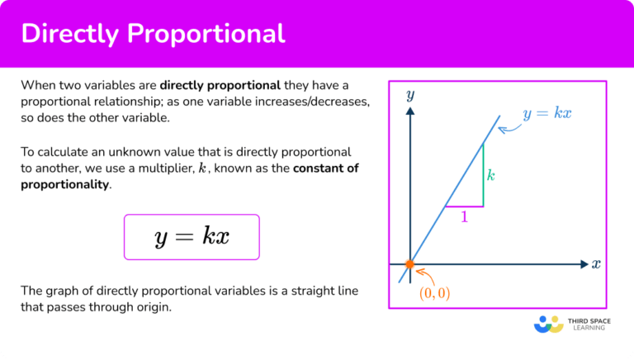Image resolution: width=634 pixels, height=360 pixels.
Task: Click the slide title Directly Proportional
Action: tap(153, 34)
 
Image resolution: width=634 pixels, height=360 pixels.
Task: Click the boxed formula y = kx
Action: tap(192, 237)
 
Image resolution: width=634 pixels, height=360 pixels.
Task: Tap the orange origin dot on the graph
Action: tap(410, 265)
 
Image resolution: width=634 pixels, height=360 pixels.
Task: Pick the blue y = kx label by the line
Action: tap(546, 114)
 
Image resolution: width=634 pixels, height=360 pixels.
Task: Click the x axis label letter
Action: tap(596, 265)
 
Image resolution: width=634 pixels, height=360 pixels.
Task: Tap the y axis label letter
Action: tap(410, 95)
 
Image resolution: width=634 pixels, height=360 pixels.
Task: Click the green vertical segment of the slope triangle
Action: tap(483, 174)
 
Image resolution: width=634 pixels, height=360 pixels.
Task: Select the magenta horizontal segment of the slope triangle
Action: tap(464, 206)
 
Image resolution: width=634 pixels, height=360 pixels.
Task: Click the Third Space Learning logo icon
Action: tap(548, 324)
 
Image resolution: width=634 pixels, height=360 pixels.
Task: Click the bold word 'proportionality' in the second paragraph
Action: tap(64, 184)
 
